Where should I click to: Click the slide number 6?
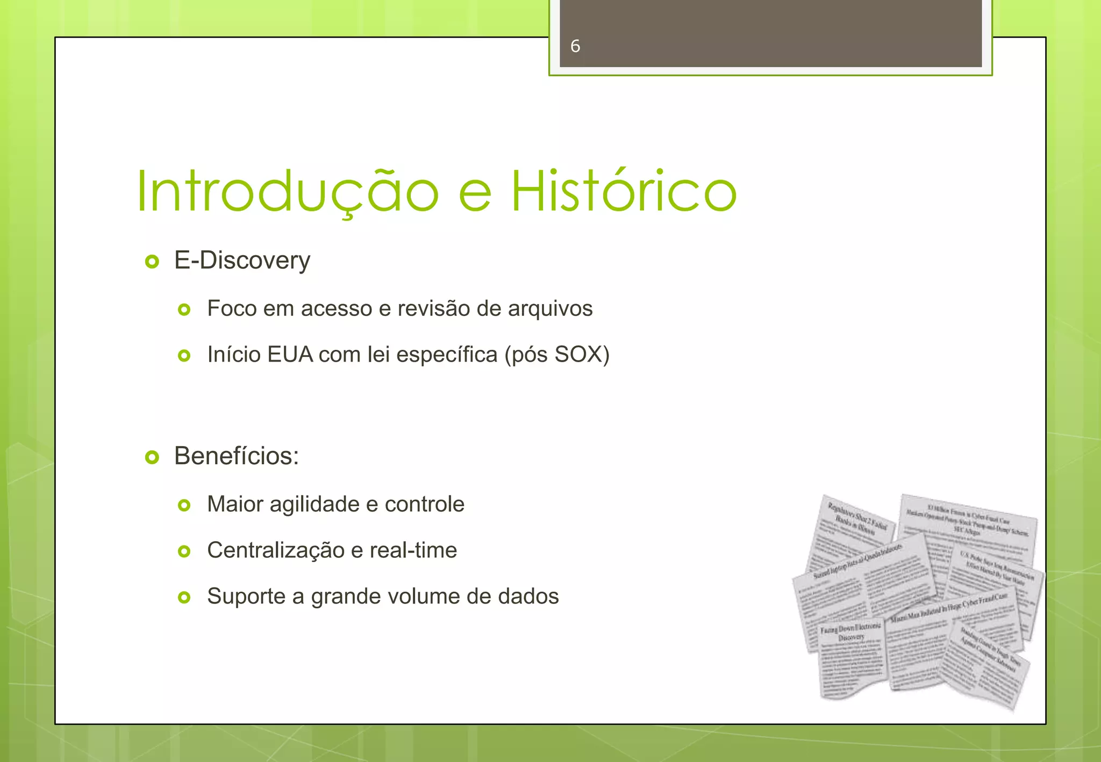click(x=575, y=46)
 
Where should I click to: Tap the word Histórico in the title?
click(x=623, y=192)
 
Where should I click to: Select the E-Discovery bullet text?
click(x=242, y=261)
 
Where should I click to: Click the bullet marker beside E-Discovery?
click(x=152, y=262)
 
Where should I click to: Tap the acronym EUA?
click(x=290, y=355)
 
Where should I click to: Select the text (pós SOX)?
click(x=557, y=355)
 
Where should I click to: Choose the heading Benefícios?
click(x=236, y=456)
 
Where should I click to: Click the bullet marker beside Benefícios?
click(x=152, y=458)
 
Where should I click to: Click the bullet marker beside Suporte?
click(x=184, y=598)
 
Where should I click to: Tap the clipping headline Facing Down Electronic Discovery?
click(x=850, y=632)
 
